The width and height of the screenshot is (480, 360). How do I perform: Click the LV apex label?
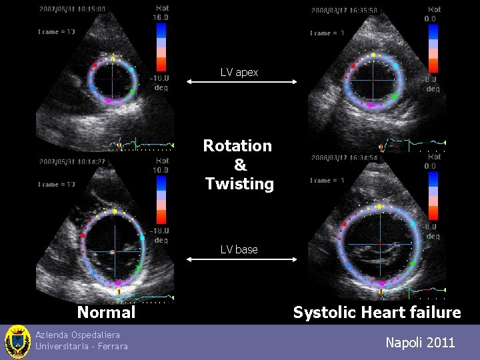[x=239, y=72]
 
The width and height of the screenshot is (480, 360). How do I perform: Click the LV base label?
[x=239, y=249]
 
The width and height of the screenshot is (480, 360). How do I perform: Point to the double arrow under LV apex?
[x=241, y=81]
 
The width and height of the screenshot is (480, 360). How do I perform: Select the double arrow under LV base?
[x=241, y=259]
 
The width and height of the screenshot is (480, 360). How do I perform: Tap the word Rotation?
[x=237, y=145]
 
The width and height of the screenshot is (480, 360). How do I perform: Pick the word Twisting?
[x=239, y=183]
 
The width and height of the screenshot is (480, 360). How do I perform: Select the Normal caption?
[x=106, y=312]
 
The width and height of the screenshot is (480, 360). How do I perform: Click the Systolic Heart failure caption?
[x=377, y=312]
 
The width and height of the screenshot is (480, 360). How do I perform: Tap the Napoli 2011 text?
[x=420, y=343]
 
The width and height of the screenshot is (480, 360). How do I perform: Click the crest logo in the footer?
[x=17, y=342]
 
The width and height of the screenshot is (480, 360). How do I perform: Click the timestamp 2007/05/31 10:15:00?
[x=72, y=9]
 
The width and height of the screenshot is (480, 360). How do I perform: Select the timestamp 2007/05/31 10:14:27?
[x=72, y=161]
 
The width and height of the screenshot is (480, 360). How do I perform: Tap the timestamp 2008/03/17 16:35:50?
[x=344, y=10]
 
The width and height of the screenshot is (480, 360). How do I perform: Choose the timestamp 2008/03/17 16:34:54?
[x=344, y=158]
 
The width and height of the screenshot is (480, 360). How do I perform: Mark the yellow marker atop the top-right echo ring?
[x=373, y=54]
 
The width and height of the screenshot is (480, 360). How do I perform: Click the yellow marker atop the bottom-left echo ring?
[x=115, y=211]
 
